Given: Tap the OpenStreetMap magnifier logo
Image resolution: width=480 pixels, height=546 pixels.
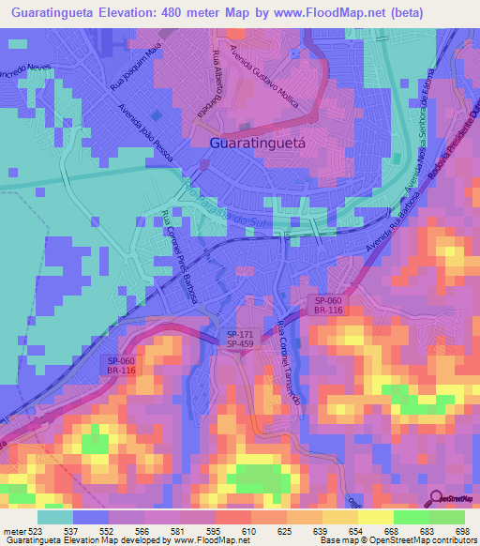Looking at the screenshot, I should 434,498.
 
